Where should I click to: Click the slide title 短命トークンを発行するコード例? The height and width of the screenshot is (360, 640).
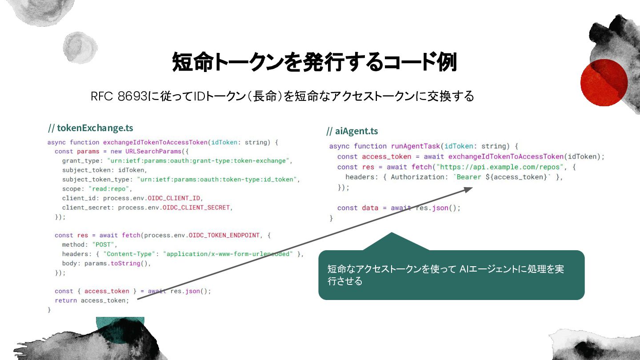click(314, 62)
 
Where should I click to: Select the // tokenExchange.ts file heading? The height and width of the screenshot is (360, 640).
click(91, 128)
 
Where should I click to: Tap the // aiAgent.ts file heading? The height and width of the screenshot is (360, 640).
click(352, 131)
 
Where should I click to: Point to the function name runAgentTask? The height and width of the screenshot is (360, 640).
click(416, 146)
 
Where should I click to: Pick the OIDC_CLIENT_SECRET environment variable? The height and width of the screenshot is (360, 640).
click(196, 208)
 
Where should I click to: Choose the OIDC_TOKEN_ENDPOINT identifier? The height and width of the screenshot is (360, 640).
click(224, 235)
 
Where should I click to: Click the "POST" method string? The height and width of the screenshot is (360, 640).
click(103, 244)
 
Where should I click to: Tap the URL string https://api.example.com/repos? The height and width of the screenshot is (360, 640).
click(500, 167)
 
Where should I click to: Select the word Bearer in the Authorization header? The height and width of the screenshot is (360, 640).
click(469, 177)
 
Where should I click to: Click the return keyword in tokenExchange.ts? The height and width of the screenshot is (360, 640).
click(66, 300)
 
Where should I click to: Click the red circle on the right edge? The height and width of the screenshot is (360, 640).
click(604, 83)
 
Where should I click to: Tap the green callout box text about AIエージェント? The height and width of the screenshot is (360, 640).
click(445, 275)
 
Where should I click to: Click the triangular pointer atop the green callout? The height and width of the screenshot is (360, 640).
click(396, 242)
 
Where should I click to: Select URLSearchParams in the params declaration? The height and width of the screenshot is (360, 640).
click(153, 152)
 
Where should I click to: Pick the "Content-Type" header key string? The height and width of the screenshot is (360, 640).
click(129, 254)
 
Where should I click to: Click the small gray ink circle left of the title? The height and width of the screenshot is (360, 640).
click(80, 48)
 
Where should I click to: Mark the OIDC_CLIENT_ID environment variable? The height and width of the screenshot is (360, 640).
click(174, 198)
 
